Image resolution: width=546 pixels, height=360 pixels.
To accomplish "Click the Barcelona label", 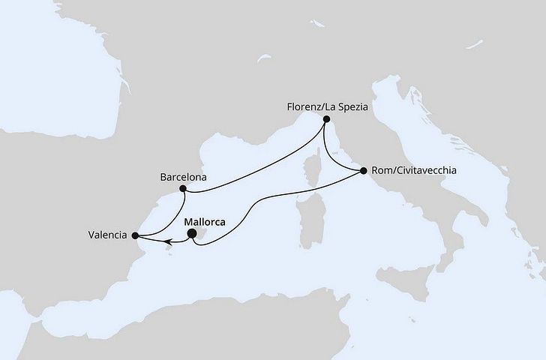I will pyautogui.click(x=183, y=179).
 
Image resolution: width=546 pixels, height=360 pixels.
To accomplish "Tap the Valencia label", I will pyautogui.click(x=107, y=236).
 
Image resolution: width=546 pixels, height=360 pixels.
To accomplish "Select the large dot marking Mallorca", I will pyautogui.click(x=192, y=234).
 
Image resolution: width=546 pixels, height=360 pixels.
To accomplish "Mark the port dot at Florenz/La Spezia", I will pyautogui.click(x=325, y=119).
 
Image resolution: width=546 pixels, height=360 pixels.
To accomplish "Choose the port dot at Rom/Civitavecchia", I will pyautogui.click(x=364, y=171).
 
